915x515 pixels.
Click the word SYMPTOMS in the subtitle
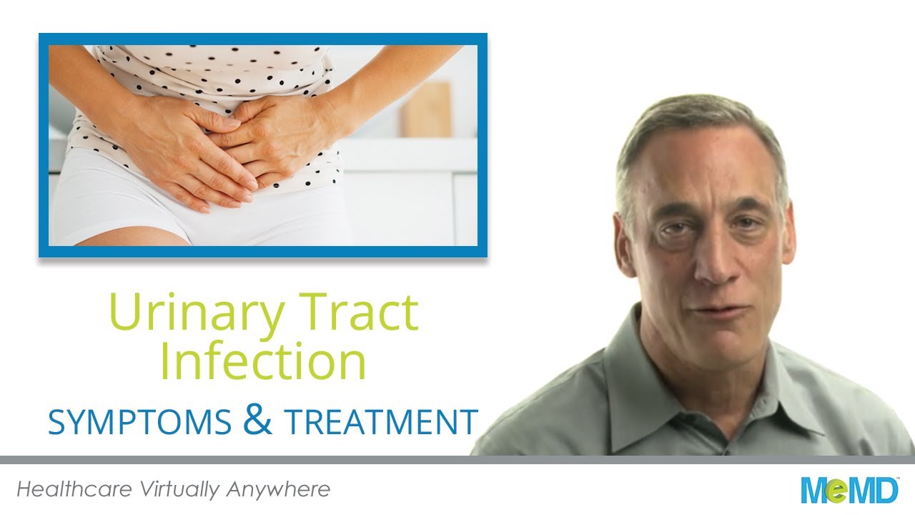click(x=139, y=422)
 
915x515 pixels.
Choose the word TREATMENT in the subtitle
click(x=381, y=422)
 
